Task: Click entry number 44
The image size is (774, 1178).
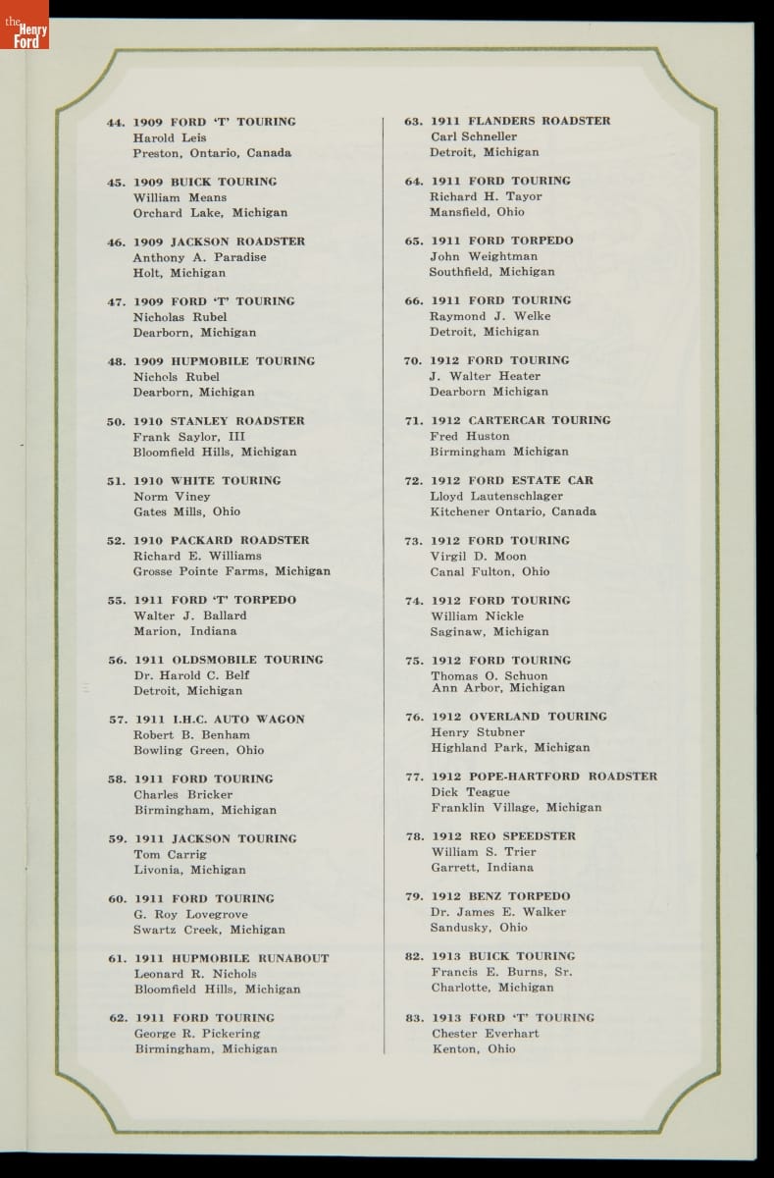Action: tap(116, 123)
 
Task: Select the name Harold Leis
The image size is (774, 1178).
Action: tap(170, 138)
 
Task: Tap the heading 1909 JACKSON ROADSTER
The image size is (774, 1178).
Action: tap(219, 241)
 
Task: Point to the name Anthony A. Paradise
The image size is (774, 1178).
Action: tap(200, 257)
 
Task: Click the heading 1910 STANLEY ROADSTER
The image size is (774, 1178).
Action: tap(219, 421)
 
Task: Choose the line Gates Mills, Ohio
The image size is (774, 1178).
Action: tap(186, 511)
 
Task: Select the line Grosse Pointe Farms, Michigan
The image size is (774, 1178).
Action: tap(232, 571)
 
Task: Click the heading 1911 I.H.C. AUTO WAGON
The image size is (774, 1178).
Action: tap(220, 720)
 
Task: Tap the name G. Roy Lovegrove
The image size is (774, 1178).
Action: tap(190, 914)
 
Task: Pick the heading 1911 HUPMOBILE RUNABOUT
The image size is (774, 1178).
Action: tap(232, 958)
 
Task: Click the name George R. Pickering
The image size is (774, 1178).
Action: tap(197, 1034)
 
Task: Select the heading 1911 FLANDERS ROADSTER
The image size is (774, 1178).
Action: tap(521, 121)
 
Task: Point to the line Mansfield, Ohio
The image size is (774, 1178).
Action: tap(477, 212)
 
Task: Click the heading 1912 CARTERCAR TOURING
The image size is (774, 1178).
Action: tap(521, 420)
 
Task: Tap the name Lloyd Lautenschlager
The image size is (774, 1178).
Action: tap(497, 497)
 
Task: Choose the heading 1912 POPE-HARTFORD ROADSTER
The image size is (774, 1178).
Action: tap(544, 776)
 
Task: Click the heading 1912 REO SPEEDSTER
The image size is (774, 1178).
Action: tap(504, 836)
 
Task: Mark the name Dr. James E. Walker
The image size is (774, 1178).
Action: tap(498, 912)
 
